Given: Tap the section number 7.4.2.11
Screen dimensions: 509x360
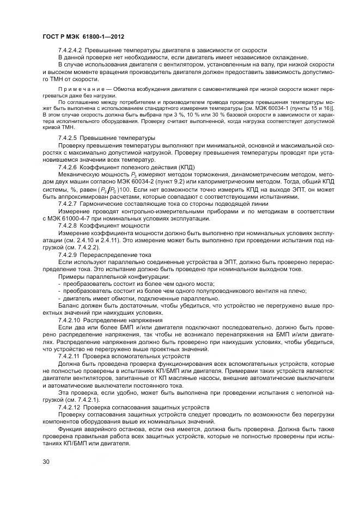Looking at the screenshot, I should pos(70,355).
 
